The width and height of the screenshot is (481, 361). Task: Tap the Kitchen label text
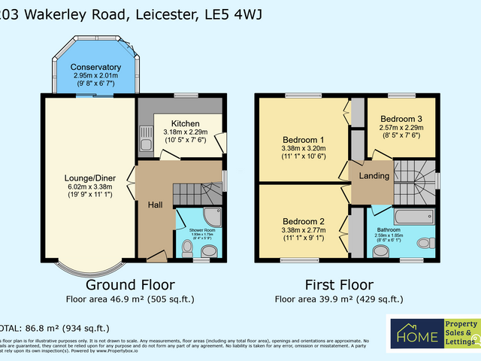click(185, 123)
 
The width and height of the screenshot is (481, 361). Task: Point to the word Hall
click(154, 204)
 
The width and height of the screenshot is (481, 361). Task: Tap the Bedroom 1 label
click(304, 140)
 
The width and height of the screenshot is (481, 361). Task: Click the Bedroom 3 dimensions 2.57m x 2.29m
click(401, 129)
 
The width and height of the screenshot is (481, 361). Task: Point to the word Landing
click(374, 176)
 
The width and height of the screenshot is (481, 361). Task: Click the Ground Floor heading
click(130, 285)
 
